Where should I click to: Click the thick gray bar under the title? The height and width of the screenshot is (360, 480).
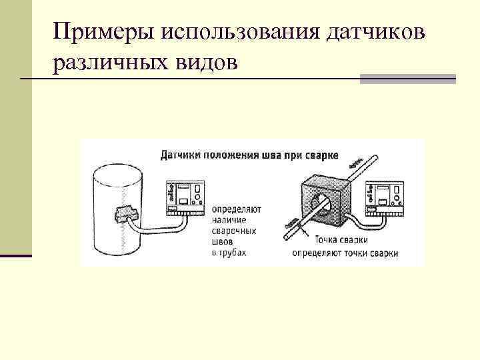tap(407, 79)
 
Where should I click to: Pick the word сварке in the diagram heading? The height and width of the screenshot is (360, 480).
tap(322, 155)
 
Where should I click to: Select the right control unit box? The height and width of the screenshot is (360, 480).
tap(383, 197)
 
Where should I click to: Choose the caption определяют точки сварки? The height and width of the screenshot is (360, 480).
tap(345, 253)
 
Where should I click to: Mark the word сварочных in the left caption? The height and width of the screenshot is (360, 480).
tap(234, 231)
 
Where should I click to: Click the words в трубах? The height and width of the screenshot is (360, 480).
tap(229, 253)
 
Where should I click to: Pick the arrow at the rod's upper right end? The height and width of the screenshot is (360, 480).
tap(357, 161)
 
